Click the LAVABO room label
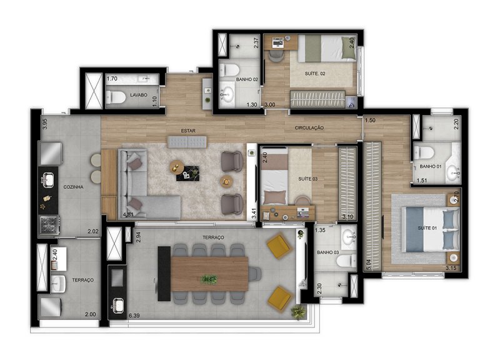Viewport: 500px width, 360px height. click(139, 95)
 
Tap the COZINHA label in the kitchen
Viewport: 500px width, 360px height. click(73, 187)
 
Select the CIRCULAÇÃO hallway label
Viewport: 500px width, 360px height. click(309, 128)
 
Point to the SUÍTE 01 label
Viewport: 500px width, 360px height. click(427, 228)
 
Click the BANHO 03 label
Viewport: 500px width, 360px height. click(327, 252)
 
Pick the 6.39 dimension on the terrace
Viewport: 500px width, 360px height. click(134, 316)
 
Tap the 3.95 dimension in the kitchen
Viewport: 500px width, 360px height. click(44, 124)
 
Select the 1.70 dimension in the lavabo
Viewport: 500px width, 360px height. click(112, 79)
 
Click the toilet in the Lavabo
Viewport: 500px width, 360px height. click(116, 97)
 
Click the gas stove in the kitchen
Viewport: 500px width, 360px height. click(49, 225)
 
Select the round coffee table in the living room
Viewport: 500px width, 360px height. click(176, 166)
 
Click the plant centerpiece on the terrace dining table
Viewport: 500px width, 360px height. click(209, 279)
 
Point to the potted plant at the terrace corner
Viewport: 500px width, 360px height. click(299, 311)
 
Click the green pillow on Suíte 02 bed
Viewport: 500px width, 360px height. click(348, 48)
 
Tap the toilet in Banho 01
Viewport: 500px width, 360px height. click(424, 152)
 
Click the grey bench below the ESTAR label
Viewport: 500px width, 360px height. click(187, 142)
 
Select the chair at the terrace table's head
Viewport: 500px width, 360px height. click(255, 274)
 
